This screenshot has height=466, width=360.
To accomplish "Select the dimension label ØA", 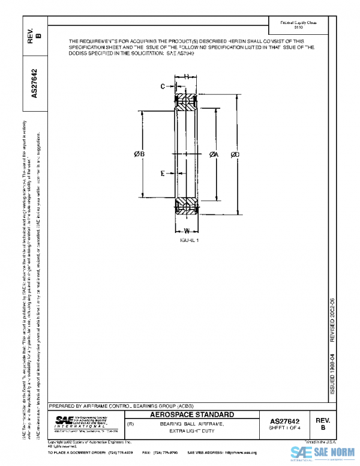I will (x=214, y=155).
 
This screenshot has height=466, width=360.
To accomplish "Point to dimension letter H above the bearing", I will (x=187, y=76).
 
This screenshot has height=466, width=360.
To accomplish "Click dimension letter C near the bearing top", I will (x=162, y=86).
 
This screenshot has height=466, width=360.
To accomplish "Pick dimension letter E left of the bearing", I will (x=163, y=174).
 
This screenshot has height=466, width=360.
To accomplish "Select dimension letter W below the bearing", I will (x=187, y=231).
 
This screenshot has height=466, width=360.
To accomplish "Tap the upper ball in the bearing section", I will (x=187, y=98).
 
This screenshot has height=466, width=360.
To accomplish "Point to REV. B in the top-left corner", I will (x=35, y=37).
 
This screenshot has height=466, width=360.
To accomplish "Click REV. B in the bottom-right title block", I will (x=323, y=423).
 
